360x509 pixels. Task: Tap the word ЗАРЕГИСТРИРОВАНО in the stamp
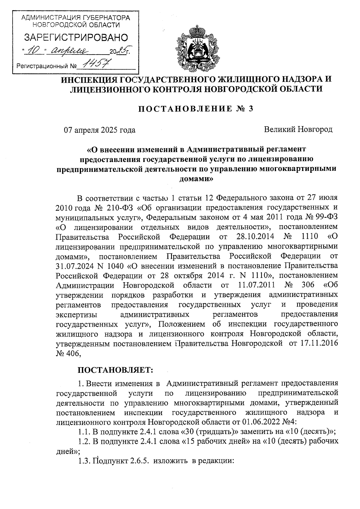[x=76, y=37]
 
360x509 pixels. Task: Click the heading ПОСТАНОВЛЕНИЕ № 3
[x=196, y=109]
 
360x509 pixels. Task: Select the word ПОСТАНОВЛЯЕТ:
[x=115, y=370]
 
